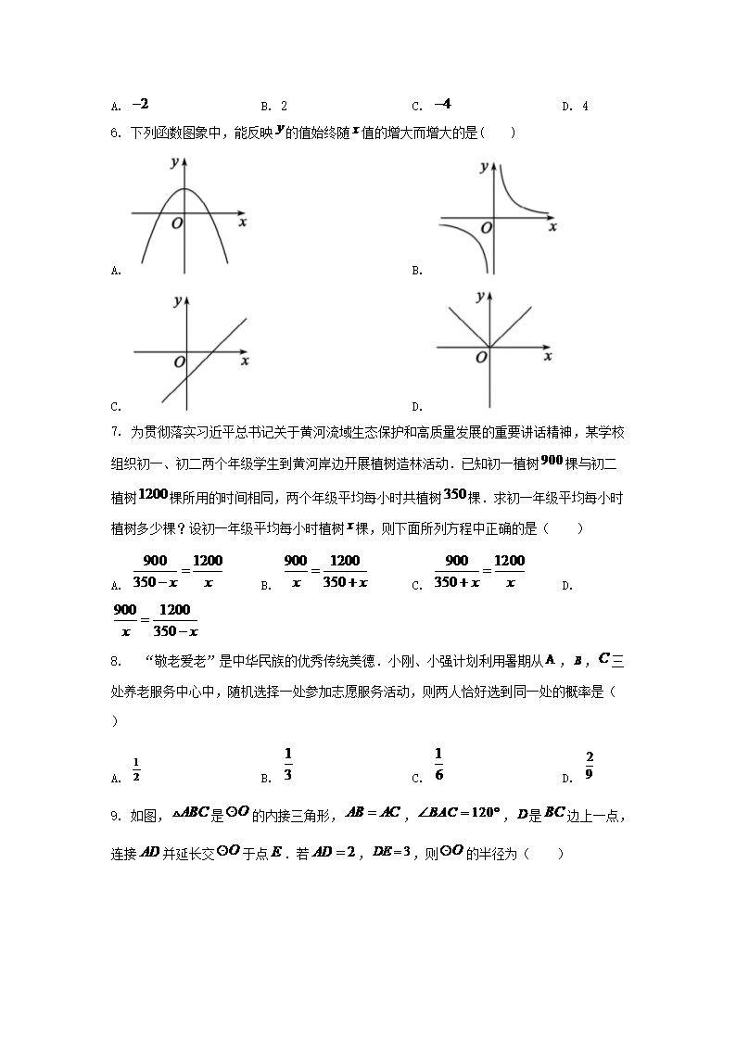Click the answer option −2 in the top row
(x=141, y=105)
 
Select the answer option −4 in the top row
(x=442, y=105)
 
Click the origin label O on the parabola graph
(x=176, y=223)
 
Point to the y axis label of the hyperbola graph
(x=484, y=168)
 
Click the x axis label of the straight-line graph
(x=244, y=361)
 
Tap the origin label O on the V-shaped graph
(x=481, y=357)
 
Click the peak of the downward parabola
(x=185, y=189)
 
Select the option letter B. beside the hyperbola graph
(x=417, y=271)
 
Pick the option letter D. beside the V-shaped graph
(x=417, y=406)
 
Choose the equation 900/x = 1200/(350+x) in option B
(x=325, y=572)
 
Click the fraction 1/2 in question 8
(x=135, y=769)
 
